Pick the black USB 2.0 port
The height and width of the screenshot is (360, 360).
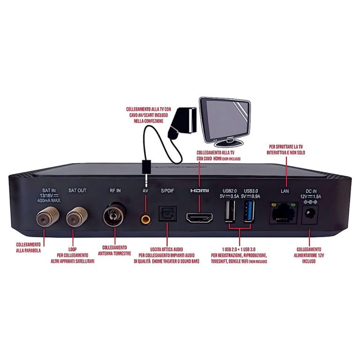[x=230, y=213]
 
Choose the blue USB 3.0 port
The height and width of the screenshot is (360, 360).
[x=248, y=213]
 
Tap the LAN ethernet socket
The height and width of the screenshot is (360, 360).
[x=284, y=214]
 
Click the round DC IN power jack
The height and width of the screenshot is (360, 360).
[x=310, y=215]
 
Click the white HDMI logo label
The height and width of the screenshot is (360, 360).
[x=200, y=191]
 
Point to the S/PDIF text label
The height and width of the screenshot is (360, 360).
[x=167, y=191]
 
